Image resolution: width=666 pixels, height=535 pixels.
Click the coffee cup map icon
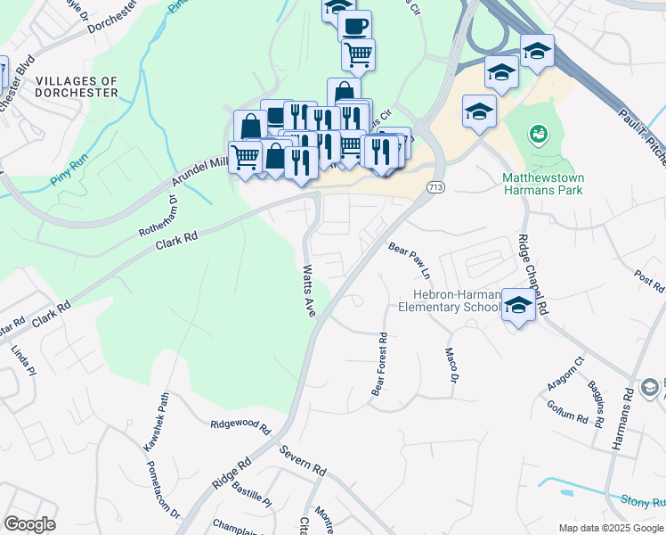[355, 26]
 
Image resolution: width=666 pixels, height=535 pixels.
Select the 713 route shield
[435, 187]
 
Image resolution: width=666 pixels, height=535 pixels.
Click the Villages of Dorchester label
[77, 86]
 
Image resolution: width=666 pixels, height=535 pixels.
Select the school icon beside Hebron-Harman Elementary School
[518, 305]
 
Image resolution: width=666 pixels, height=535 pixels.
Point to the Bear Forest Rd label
[378, 365]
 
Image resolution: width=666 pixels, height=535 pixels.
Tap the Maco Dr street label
[450, 366]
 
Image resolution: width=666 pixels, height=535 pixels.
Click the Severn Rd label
[302, 456]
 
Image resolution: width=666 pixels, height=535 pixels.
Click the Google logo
[29, 523]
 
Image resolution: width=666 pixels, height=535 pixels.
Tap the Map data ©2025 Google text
[610, 528]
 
